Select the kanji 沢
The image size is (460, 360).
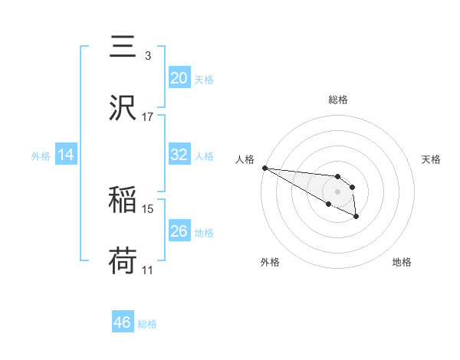pos(123,106)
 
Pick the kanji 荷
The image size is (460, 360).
pos(123,260)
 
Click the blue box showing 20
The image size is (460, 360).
pos(179,77)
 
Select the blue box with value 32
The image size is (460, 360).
pos(179,154)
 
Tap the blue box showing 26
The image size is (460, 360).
pos(179,231)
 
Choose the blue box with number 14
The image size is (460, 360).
pos(66,154)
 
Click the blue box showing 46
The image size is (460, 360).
pos(123,322)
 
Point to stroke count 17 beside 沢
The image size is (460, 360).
pos(148,117)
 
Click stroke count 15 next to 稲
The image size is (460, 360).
pos(148,208)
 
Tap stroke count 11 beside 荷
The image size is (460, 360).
pos(148,270)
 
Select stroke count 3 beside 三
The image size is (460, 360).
pos(148,56)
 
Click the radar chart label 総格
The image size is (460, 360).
pos(338,100)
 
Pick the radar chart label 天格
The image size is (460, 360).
pos(431,159)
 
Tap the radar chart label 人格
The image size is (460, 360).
pos(245,159)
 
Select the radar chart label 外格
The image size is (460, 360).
pos(270,262)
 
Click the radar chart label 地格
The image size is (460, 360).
pos(402,262)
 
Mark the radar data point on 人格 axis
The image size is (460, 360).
pos(264,168)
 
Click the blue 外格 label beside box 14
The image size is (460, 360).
pos(41,155)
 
